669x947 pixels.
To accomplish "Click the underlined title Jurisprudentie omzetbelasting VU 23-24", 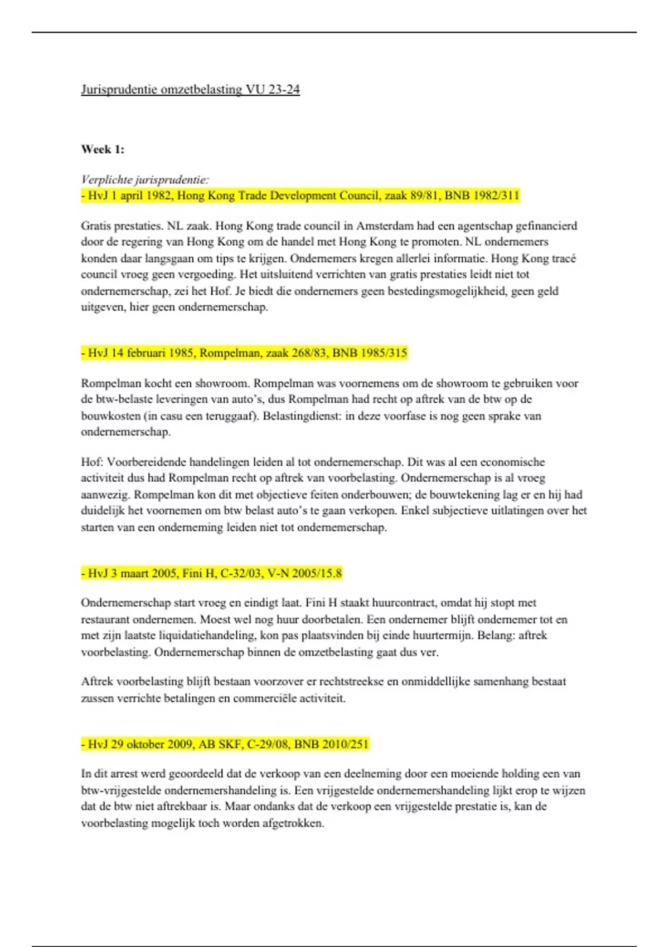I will [190, 90].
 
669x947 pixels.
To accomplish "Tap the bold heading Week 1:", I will [103, 149].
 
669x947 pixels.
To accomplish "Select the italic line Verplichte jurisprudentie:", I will [145, 179].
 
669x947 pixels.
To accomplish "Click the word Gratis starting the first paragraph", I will [97, 226].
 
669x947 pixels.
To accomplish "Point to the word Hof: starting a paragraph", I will [92, 462].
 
